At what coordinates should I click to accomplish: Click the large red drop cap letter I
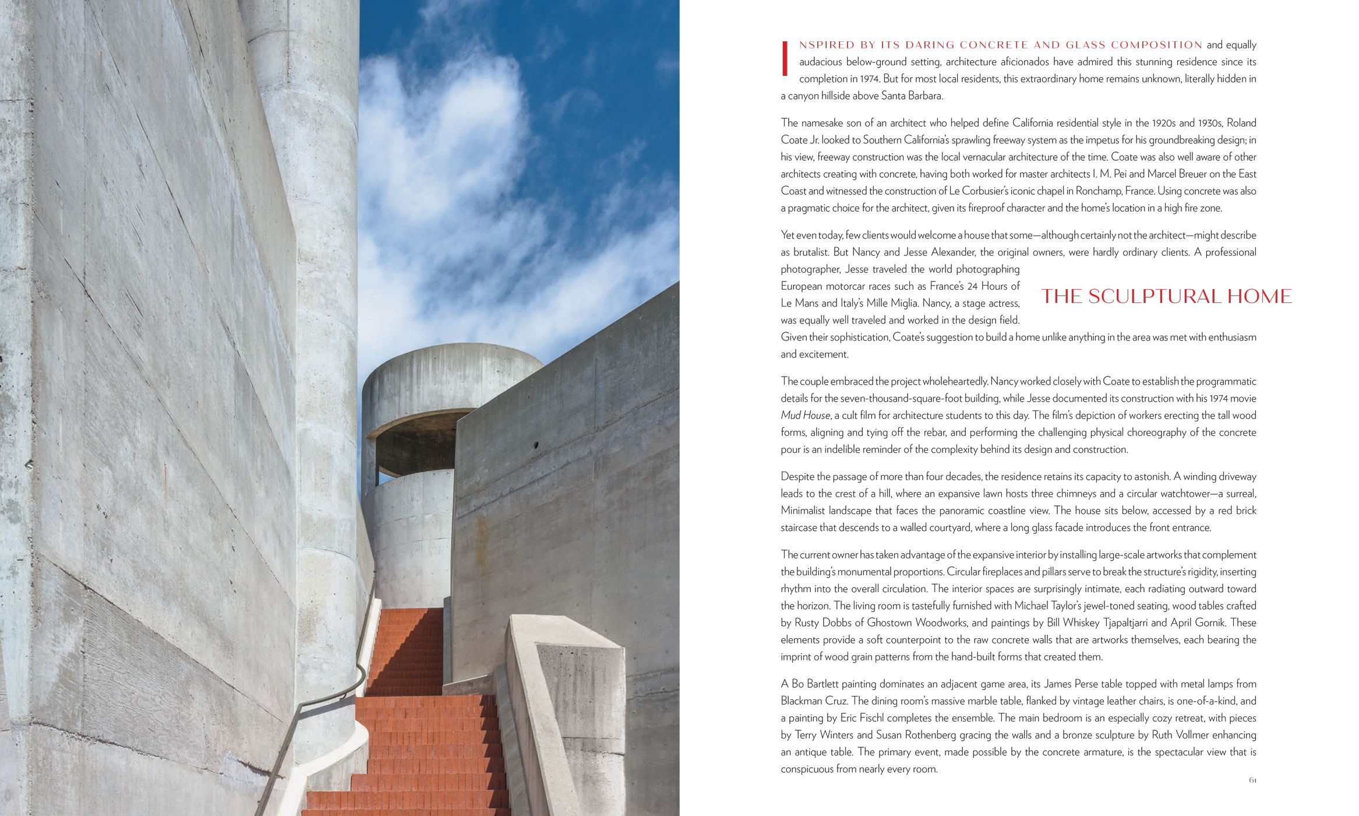point(785,58)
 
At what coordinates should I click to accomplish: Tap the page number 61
point(1252,780)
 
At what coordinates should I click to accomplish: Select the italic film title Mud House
point(805,416)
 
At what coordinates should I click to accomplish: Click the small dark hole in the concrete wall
point(536,445)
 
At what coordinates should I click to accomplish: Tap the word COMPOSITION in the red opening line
point(1156,45)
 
